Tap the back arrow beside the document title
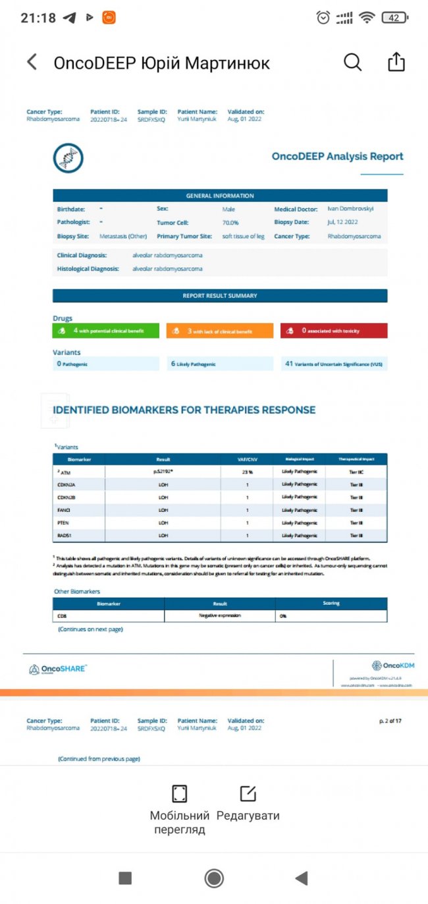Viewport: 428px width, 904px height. click(x=32, y=63)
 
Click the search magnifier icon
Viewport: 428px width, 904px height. click(x=353, y=63)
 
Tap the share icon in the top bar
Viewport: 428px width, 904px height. click(x=396, y=63)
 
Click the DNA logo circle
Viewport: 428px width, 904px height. click(x=68, y=158)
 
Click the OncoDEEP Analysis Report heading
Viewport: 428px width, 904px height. click(x=337, y=157)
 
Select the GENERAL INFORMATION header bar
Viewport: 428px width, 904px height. click(x=220, y=196)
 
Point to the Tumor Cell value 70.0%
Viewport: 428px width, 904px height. click(x=230, y=223)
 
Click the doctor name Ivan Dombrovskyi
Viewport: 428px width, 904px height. click(x=349, y=209)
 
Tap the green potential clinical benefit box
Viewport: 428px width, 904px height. click(x=107, y=331)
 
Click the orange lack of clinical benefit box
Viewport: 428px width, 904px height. click(x=220, y=331)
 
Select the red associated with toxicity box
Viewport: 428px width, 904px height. click(x=334, y=331)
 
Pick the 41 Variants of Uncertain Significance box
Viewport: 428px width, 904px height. click(x=334, y=364)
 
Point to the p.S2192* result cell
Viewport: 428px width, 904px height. click(x=163, y=472)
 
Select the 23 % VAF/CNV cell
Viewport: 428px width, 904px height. click(x=247, y=472)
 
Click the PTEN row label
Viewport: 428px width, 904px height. click(x=65, y=523)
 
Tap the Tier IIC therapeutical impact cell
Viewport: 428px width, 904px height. click(x=356, y=472)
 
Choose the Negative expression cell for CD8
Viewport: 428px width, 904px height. click(x=220, y=615)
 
